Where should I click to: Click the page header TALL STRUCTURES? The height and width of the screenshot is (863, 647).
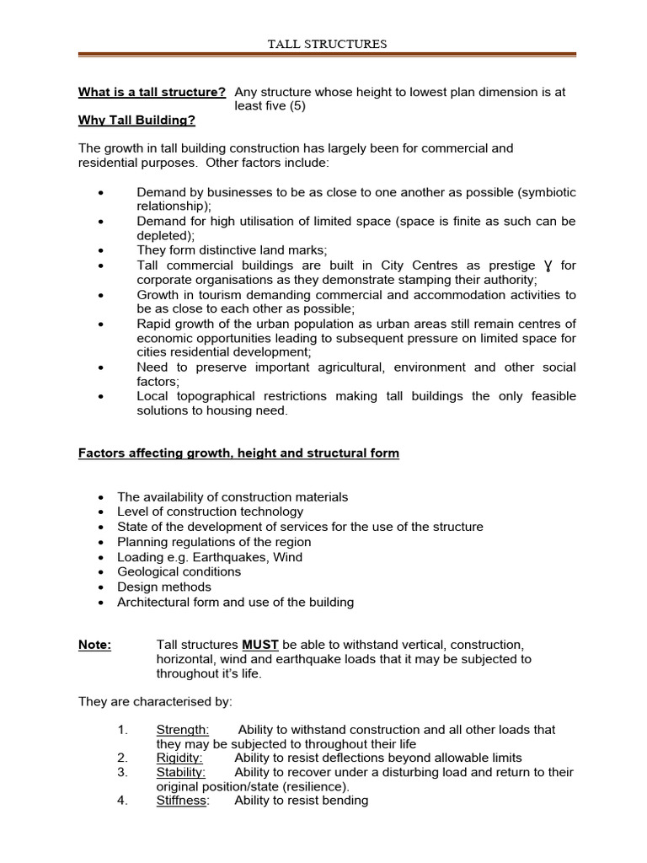(x=328, y=44)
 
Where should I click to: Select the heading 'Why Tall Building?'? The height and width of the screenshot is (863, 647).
(x=136, y=121)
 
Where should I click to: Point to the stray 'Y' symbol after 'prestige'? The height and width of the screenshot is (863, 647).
(x=548, y=265)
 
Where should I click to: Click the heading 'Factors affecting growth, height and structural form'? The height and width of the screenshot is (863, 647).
(x=238, y=453)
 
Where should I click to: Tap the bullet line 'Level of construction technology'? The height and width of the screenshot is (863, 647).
(x=211, y=512)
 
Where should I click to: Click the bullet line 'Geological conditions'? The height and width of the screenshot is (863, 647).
(x=179, y=571)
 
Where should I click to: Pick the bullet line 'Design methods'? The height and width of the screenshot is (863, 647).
(x=164, y=587)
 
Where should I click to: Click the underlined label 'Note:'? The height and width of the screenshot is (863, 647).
(x=94, y=645)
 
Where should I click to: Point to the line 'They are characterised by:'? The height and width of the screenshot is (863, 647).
(x=155, y=701)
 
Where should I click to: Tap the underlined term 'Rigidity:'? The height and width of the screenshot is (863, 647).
(x=179, y=758)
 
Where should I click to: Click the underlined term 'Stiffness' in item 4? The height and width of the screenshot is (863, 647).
(x=181, y=801)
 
